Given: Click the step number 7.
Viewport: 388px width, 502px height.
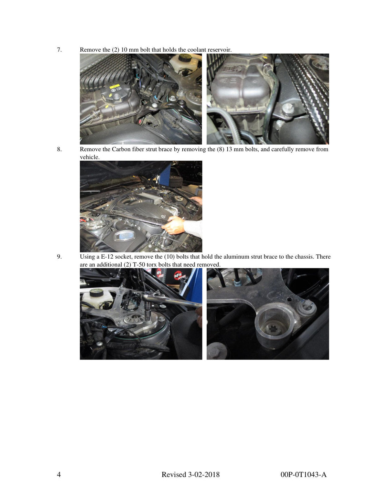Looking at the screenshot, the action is coord(59,50).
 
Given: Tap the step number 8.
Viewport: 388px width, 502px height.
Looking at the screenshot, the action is coord(59,149).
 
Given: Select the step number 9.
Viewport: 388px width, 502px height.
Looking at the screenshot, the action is coord(59,257).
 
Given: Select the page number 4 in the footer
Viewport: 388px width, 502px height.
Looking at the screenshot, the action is coord(59,475).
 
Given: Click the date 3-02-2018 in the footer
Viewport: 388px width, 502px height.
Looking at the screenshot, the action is coord(204,475).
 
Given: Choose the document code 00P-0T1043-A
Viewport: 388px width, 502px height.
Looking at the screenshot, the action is coord(303,475).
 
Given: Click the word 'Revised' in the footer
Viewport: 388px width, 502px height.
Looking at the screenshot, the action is coord(174,475).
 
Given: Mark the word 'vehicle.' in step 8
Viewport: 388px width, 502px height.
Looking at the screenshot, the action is coord(90,157).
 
